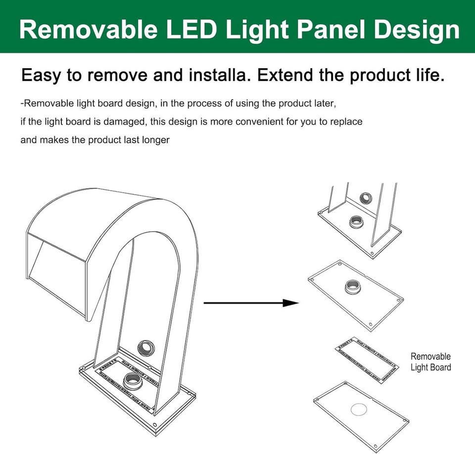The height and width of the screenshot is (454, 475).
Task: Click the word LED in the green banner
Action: click(x=192, y=29)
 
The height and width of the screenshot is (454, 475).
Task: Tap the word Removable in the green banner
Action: click(x=89, y=29)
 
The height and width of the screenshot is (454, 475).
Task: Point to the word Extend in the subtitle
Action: click(x=285, y=75)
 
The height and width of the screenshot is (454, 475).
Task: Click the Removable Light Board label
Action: click(x=430, y=362)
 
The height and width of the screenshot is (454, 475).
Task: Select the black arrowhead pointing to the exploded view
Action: click(x=291, y=303)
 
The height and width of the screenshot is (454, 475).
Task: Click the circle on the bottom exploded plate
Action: click(x=359, y=410)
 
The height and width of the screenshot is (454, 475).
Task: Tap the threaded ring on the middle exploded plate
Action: click(x=353, y=286)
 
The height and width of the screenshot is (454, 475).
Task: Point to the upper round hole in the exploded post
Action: click(x=366, y=198)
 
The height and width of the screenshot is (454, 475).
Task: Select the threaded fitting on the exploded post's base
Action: click(x=356, y=222)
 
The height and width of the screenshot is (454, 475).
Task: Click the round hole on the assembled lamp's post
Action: click(x=146, y=348)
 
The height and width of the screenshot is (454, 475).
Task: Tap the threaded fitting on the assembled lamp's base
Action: click(x=133, y=380)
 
